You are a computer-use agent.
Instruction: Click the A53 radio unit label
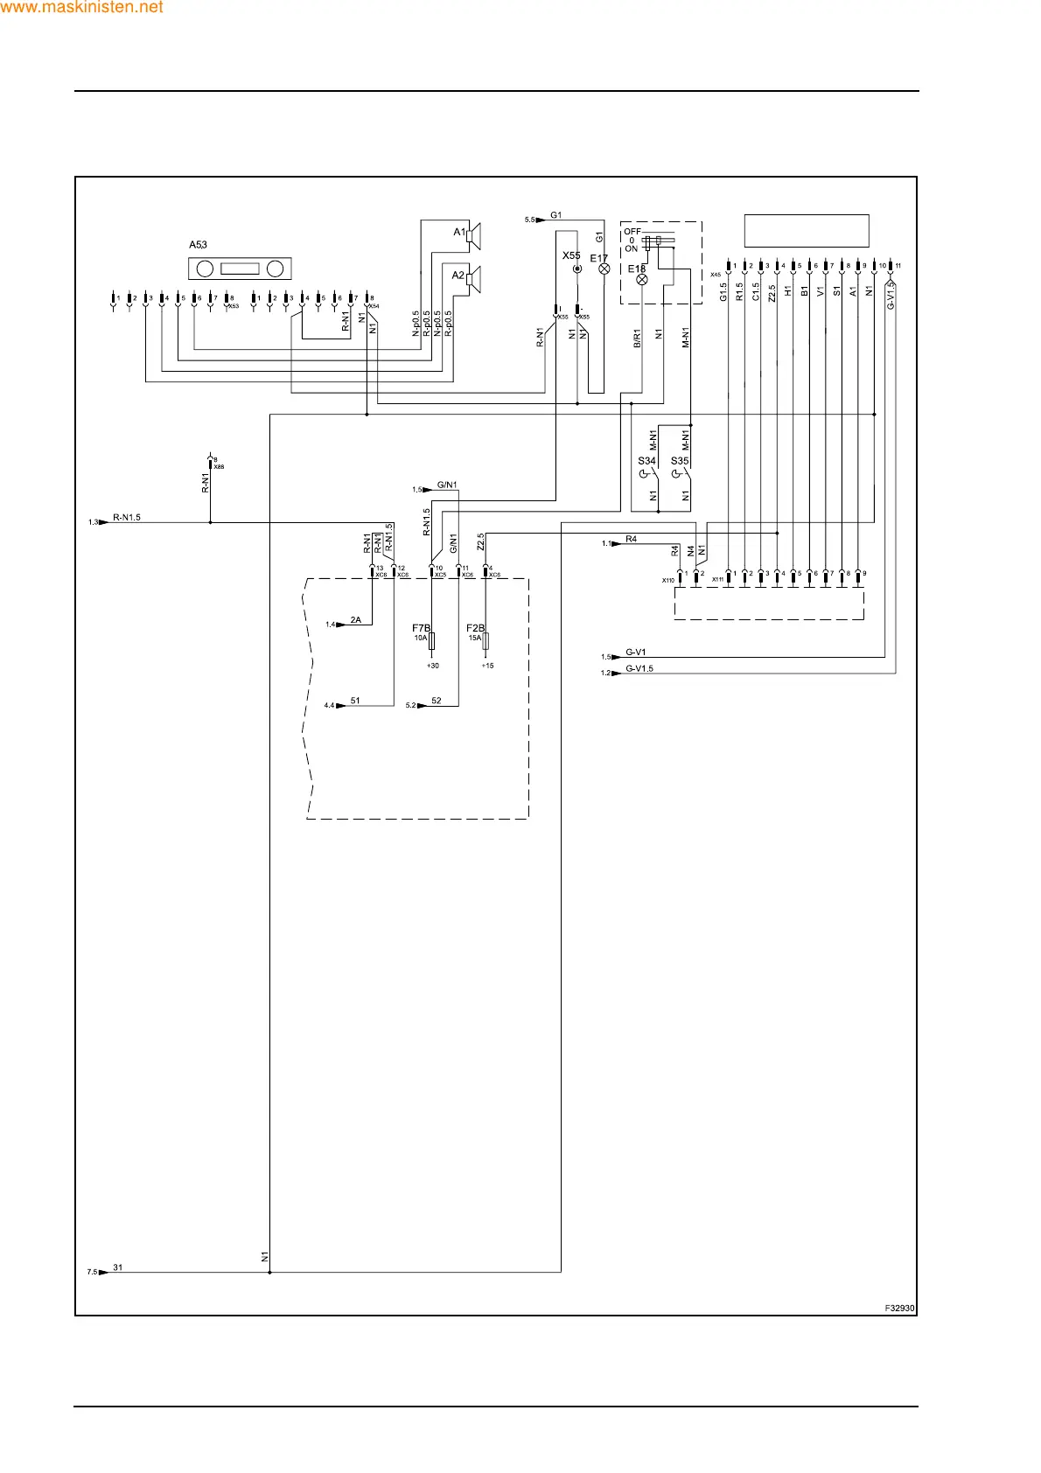coord(198,245)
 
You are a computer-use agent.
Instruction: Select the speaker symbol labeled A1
coord(473,234)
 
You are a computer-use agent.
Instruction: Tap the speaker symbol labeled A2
coord(473,278)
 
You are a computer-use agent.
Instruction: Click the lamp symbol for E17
coord(604,269)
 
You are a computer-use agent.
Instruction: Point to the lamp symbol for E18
coord(641,279)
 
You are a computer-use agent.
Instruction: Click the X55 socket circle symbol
coord(576,269)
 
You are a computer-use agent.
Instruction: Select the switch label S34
coord(646,461)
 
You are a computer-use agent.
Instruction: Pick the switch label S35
coord(679,461)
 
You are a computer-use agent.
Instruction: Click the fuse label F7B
coord(421,628)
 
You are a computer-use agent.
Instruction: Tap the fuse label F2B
coord(475,628)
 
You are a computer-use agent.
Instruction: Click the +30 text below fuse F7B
coord(432,666)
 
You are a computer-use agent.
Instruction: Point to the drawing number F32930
coord(899,1309)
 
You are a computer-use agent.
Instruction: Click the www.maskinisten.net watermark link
coord(81,7)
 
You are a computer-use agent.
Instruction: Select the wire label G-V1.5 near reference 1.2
coord(639,669)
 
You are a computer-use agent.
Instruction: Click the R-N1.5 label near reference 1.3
coord(127,518)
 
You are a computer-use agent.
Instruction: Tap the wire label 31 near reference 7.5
coord(118,1267)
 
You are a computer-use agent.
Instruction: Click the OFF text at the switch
coord(632,232)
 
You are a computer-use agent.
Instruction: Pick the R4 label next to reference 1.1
coord(631,540)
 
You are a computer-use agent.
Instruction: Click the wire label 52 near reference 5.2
coord(437,701)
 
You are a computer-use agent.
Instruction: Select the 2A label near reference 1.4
coord(355,620)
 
